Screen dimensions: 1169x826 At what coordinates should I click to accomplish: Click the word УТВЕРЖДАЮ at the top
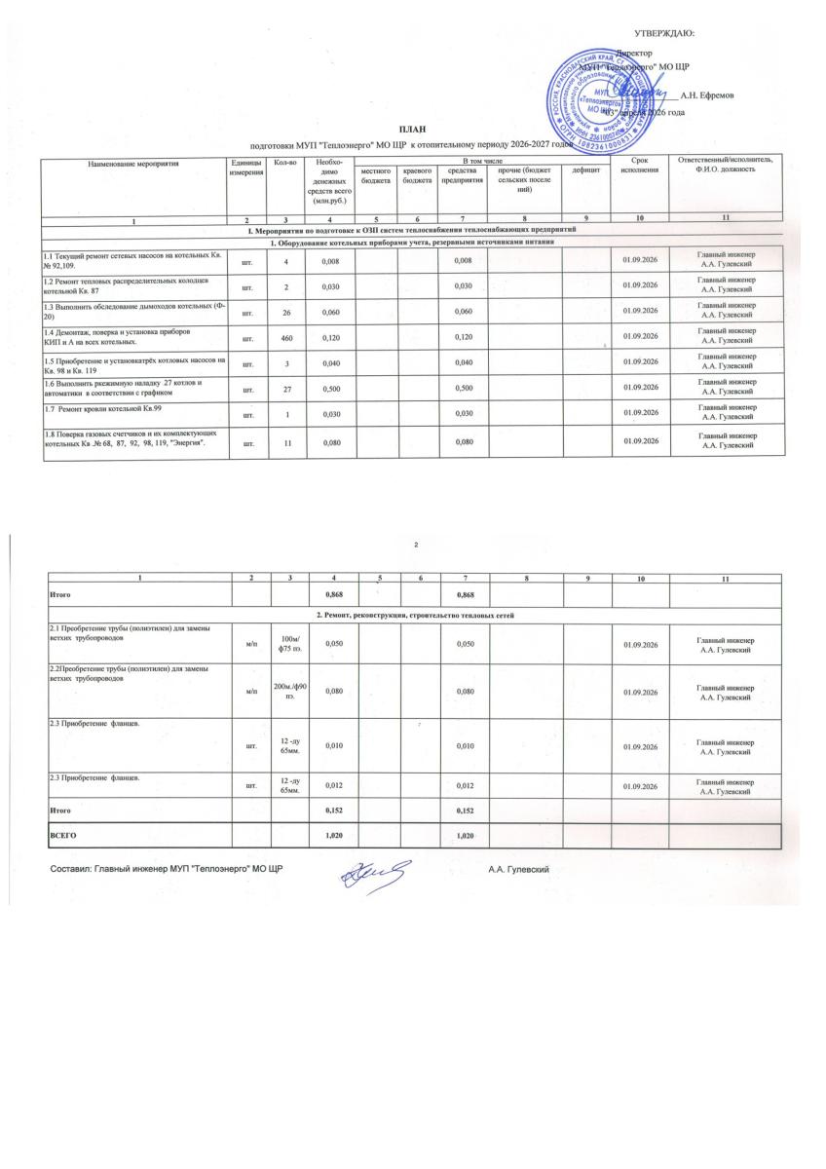point(664,34)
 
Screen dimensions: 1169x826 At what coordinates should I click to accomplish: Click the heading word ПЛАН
point(412,130)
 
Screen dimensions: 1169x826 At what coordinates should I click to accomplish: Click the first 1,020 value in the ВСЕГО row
point(335,836)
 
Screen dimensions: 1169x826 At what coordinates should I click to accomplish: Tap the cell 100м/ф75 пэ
point(287,644)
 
